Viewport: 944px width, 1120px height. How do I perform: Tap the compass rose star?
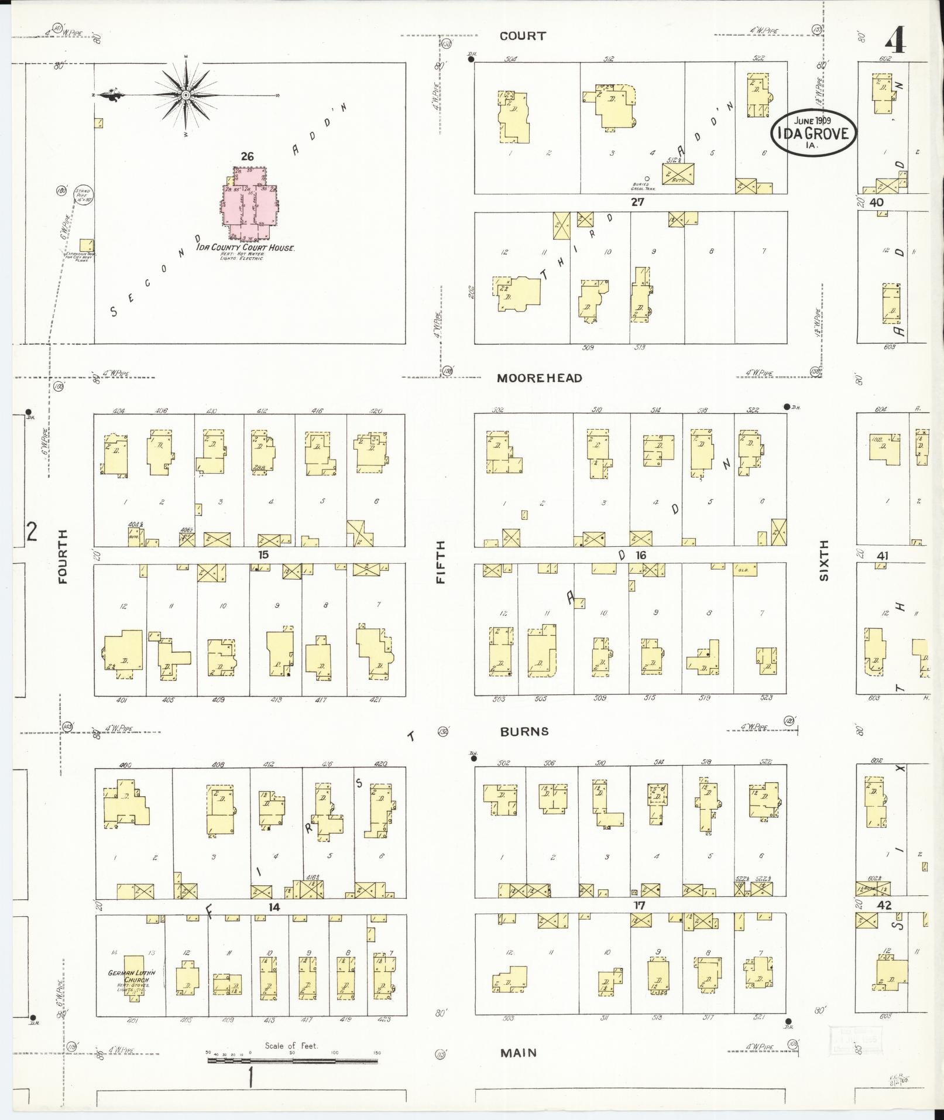(x=185, y=95)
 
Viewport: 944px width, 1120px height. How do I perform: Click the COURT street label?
(x=522, y=36)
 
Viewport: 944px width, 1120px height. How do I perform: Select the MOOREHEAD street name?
(x=539, y=378)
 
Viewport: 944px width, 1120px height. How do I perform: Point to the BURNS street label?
(x=524, y=731)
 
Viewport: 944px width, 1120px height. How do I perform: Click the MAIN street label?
(x=519, y=1053)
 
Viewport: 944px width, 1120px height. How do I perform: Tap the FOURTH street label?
(x=63, y=556)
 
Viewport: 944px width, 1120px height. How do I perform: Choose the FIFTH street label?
(x=441, y=561)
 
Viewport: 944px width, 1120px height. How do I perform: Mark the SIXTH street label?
(x=824, y=560)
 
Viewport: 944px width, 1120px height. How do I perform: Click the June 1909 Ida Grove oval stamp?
(x=812, y=133)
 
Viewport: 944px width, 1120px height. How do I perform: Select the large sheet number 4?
(x=896, y=40)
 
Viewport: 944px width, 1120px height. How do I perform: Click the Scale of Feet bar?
(x=293, y=1060)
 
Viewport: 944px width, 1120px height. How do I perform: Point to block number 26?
(x=247, y=156)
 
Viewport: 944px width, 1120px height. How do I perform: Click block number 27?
(x=637, y=202)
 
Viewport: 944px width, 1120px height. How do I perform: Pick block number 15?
(x=263, y=554)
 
